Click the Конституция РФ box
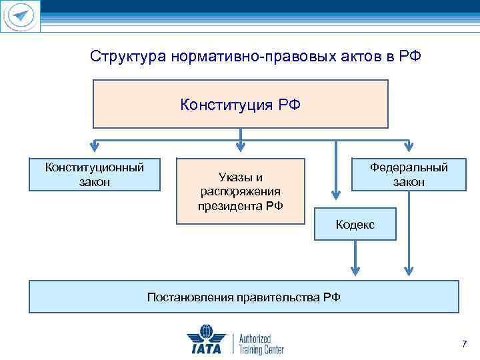[x=240, y=104]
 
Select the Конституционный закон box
[x=95, y=174]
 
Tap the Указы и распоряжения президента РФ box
[x=240, y=191]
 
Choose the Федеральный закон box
[x=409, y=175]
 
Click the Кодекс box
[x=355, y=224]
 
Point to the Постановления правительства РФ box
[x=243, y=297]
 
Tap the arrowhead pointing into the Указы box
[x=241, y=147]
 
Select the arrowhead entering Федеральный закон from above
[x=408, y=147]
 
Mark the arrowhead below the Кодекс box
[x=355, y=269]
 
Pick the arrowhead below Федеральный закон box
[x=408, y=269]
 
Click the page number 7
[x=464, y=344]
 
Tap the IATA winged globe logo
[x=206, y=339]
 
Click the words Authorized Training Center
[x=261, y=344]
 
